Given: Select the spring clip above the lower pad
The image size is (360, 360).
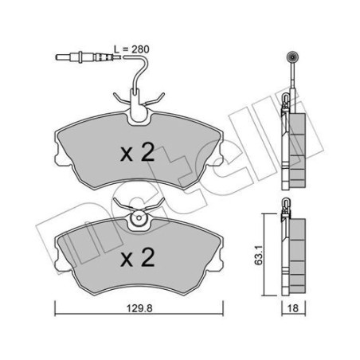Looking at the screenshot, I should [x=136, y=212].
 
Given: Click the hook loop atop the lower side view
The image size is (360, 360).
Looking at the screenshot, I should [x=286, y=209].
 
